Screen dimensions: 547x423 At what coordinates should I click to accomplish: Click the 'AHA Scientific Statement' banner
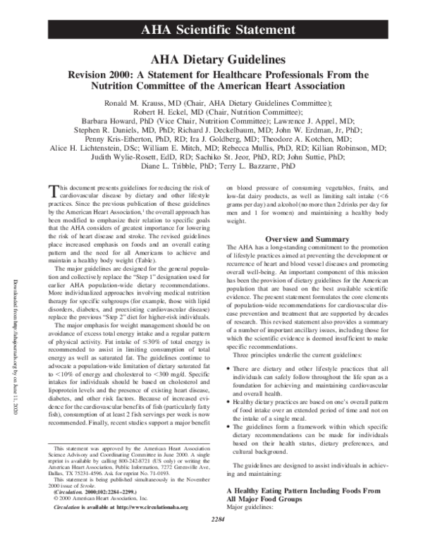point(211,29)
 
